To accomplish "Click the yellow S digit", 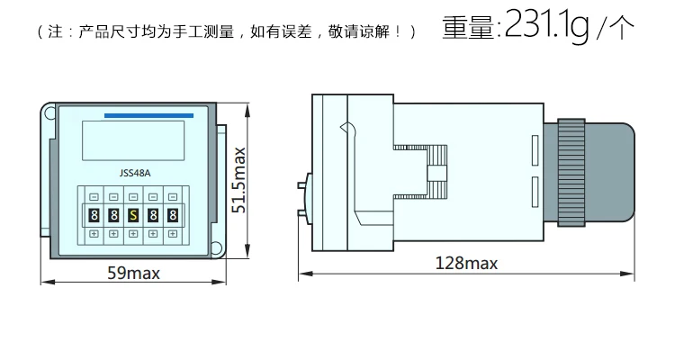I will [132, 215].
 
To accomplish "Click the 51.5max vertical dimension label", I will [239, 180].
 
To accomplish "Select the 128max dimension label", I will [466, 263].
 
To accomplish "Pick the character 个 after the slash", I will [621, 29].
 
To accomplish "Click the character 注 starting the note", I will [50, 32].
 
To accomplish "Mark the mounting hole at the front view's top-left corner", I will [47, 113].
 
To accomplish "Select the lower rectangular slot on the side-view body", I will [535, 190].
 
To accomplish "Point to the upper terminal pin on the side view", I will [302, 185].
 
